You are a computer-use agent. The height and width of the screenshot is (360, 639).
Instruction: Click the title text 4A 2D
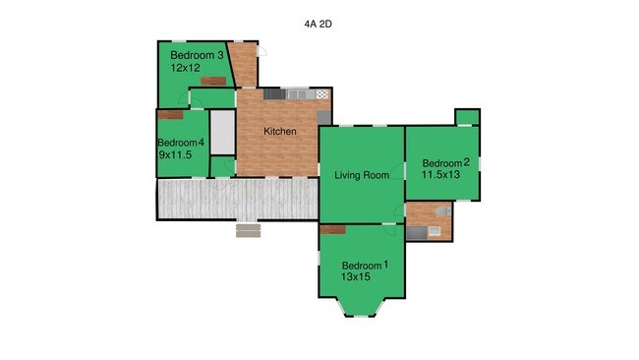(x=318, y=24)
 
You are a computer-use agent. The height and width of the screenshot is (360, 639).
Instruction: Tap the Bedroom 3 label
(x=197, y=55)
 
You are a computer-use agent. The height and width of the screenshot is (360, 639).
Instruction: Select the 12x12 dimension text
(x=186, y=68)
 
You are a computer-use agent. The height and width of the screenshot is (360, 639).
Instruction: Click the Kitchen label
(x=280, y=131)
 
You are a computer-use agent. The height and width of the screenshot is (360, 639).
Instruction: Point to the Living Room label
(x=362, y=175)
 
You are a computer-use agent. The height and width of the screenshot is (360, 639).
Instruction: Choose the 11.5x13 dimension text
(x=440, y=174)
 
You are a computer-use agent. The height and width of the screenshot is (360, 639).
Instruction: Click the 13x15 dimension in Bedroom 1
(x=356, y=276)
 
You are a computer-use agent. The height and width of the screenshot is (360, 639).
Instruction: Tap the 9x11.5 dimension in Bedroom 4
(x=175, y=154)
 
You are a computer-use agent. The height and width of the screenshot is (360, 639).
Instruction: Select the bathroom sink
(x=435, y=231)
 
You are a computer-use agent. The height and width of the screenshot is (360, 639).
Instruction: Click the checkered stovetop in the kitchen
(x=321, y=94)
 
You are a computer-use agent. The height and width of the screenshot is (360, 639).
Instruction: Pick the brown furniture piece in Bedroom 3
(x=213, y=81)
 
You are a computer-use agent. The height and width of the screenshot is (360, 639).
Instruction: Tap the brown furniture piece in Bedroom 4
(x=170, y=115)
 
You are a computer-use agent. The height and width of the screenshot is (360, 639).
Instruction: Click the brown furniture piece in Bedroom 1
(x=333, y=230)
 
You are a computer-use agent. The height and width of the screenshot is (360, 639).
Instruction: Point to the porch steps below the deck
(x=248, y=230)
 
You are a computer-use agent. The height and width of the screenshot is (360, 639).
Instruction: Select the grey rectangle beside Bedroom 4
(x=222, y=133)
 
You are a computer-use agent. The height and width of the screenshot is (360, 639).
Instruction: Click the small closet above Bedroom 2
(x=467, y=117)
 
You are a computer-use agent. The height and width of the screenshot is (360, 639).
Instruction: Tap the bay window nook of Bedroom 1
(x=360, y=307)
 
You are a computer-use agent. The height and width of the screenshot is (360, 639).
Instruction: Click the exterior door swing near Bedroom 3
(x=262, y=51)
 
